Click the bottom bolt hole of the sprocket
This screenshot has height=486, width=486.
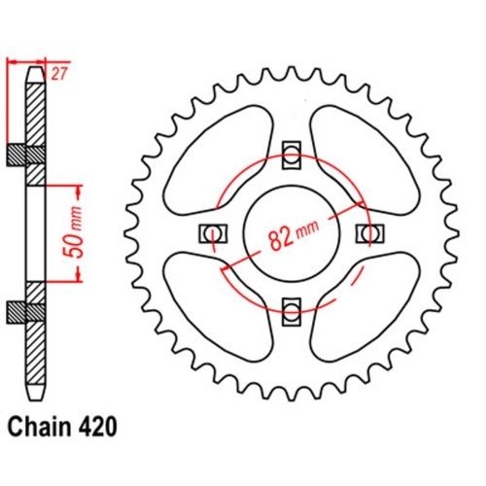[x=291, y=310]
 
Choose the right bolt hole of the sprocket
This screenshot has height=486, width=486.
[x=367, y=232]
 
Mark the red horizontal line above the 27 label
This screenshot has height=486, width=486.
[x=26, y=60]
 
